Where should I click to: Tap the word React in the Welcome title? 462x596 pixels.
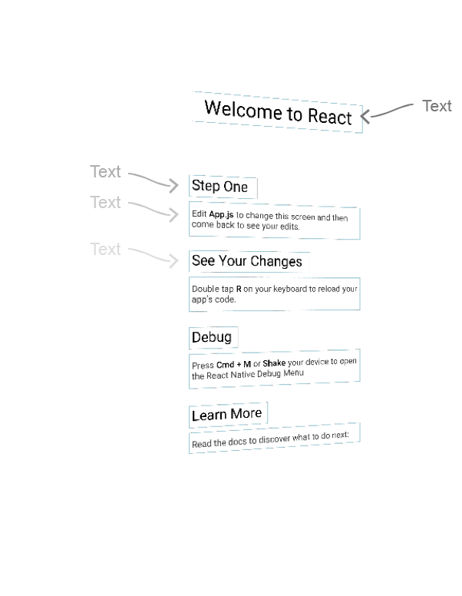[330, 117]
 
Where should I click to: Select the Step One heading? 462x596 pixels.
[219, 186]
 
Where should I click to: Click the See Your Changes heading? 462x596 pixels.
[246, 261]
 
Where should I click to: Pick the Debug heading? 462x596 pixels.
[211, 337]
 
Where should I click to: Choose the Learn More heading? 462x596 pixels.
[226, 415]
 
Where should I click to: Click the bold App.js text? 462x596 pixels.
[221, 216]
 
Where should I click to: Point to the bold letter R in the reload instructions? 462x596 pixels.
[239, 290]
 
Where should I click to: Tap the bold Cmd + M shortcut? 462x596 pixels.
[233, 364]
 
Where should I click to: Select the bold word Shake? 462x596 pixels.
[274, 363]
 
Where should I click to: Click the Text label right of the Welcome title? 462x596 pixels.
[437, 106]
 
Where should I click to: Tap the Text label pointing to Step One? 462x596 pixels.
[105, 171]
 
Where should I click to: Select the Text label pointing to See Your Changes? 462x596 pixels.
[105, 249]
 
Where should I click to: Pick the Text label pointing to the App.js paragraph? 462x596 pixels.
[105, 202]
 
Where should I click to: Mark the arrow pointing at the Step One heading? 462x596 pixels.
[153, 180]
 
